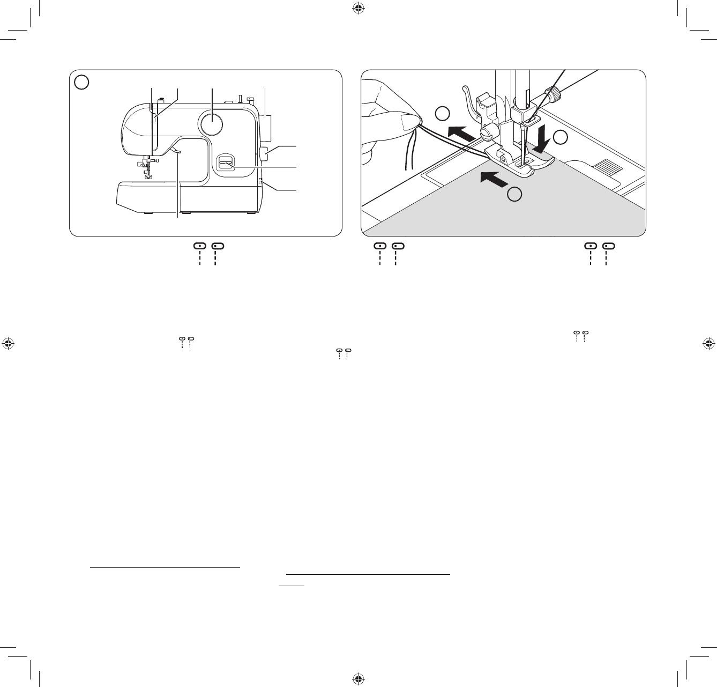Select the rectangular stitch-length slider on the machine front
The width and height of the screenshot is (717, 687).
(225, 163)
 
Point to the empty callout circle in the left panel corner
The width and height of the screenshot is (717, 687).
(81, 82)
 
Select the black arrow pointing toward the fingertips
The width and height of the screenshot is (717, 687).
(461, 132)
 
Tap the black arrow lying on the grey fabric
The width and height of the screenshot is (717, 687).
(493, 179)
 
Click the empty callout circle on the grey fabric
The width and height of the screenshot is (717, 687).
(514, 195)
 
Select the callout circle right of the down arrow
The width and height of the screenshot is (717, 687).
(561, 137)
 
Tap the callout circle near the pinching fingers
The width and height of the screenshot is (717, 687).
(442, 114)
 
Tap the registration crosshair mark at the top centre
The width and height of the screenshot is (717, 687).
(358, 8)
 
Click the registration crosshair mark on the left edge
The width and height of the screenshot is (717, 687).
(8, 343)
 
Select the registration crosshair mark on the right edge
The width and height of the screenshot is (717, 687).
(708, 343)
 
